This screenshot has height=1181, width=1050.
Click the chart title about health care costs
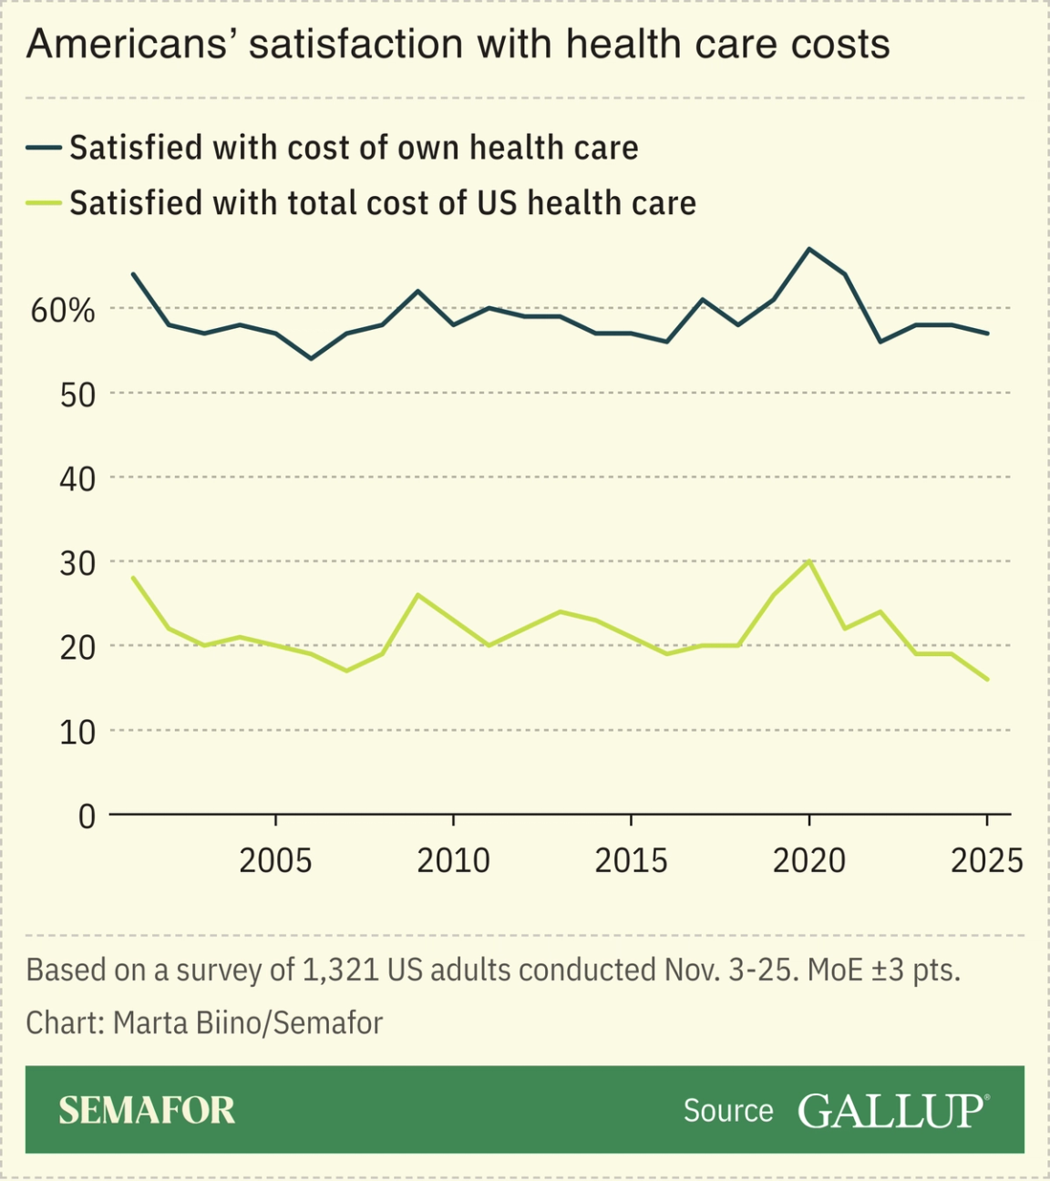458,44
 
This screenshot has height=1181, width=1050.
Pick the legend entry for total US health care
382,202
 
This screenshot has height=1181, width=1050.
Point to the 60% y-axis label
63,311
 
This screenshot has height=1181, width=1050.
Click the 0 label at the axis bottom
87,816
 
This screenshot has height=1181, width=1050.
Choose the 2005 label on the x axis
275,860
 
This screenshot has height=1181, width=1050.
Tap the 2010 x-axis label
453,860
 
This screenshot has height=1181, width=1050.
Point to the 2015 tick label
631,860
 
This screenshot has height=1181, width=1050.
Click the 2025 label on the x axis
986,860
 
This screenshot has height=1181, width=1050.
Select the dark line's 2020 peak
809,249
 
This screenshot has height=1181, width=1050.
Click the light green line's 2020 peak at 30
809,561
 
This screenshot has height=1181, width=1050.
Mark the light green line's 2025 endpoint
987,679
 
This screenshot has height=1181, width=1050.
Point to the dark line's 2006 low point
311,358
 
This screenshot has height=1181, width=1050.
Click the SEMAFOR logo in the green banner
147,1110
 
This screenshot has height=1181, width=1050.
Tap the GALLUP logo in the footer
892,1110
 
